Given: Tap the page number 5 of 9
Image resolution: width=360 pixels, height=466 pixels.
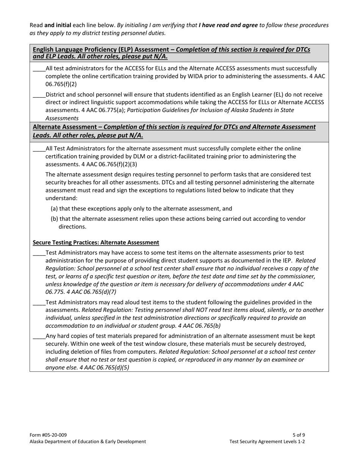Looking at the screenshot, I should [x=299, y=435].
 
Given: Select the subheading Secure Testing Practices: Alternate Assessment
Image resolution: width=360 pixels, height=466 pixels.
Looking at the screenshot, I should [x=96, y=242].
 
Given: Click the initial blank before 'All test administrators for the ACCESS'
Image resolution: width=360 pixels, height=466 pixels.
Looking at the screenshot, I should [x=39, y=69].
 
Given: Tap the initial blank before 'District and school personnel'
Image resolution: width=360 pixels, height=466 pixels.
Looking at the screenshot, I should [x=39, y=95].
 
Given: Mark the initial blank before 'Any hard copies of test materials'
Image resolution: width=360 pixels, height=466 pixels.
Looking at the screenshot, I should [x=39, y=336].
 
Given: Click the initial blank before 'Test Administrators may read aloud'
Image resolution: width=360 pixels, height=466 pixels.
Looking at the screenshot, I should [x=39, y=302].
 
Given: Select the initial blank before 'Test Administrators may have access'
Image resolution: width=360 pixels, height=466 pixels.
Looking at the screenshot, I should [x=39, y=253].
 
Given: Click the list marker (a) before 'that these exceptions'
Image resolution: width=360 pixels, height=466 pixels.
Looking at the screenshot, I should [x=55, y=209].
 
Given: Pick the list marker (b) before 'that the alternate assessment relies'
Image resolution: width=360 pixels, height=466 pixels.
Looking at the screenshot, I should [x=55, y=219].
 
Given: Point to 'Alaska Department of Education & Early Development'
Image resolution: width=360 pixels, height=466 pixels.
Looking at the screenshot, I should [x=88, y=441].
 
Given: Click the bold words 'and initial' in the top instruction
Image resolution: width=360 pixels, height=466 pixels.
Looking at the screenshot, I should [x=58, y=25].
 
